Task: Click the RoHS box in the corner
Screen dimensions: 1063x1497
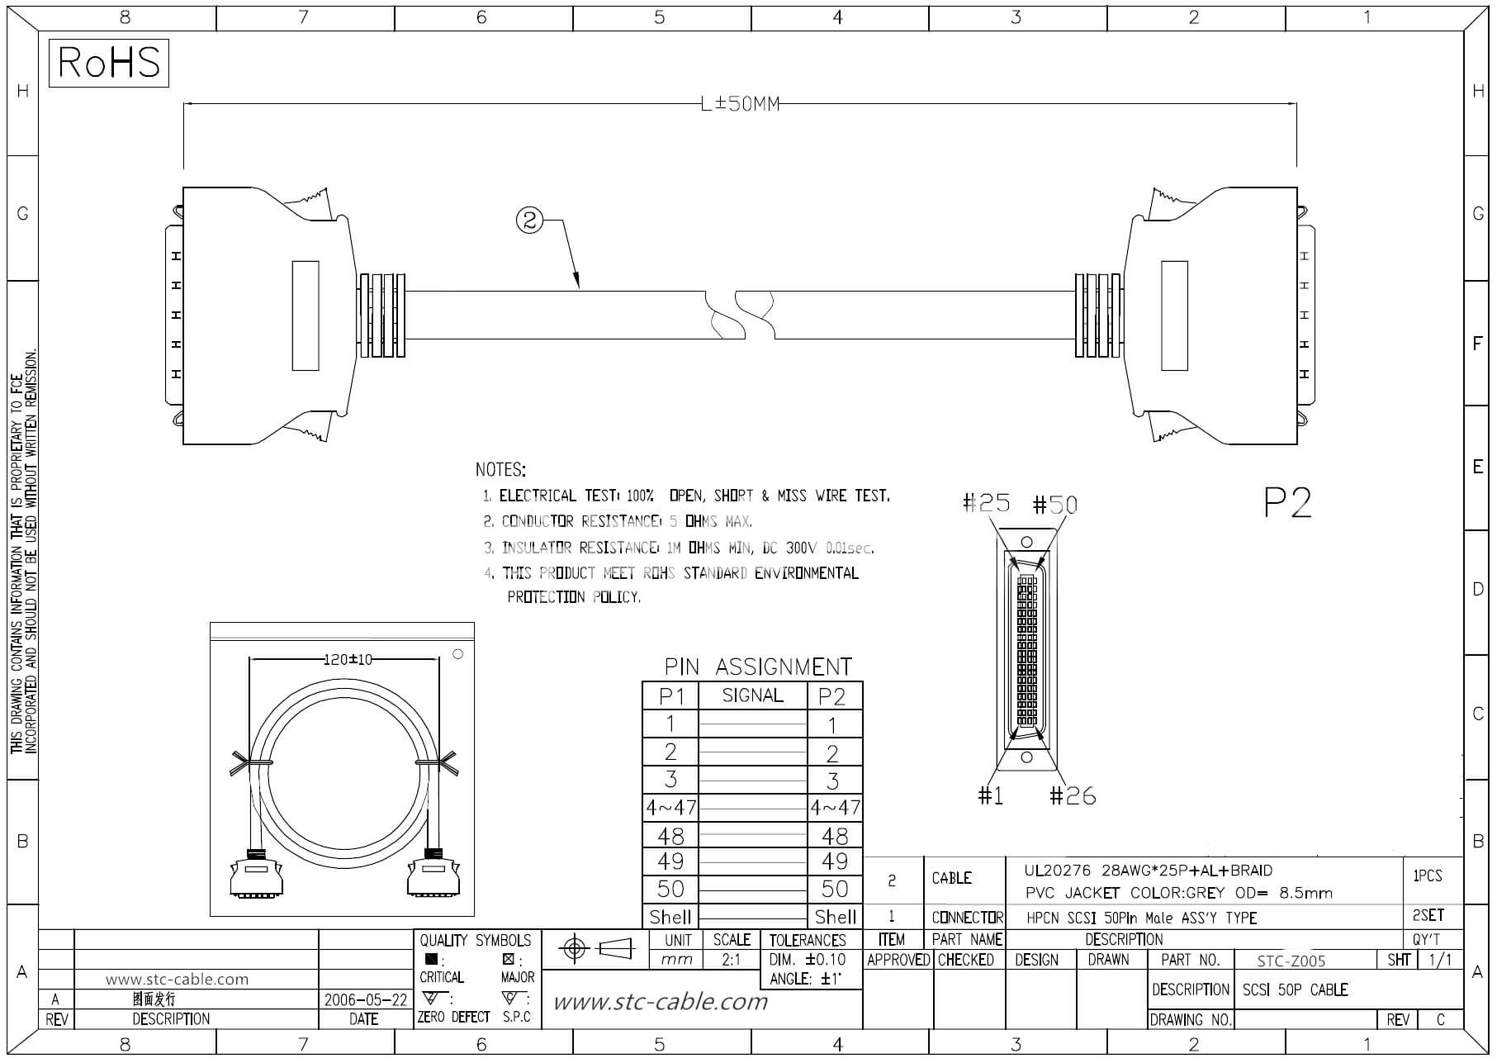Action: [x=108, y=63]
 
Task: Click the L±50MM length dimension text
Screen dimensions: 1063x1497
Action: [x=739, y=105]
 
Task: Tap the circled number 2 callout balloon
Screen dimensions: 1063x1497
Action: [x=530, y=220]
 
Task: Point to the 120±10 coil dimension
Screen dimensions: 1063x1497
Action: [x=348, y=659]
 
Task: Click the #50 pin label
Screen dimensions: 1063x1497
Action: [x=1055, y=505]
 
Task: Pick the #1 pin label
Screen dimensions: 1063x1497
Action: [x=990, y=795]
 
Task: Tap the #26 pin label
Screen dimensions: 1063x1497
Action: [x=1073, y=795]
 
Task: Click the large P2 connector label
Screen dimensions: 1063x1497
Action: [x=1287, y=502]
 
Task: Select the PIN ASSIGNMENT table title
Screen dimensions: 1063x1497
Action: [x=758, y=667]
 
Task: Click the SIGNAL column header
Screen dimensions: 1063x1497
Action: [x=752, y=695]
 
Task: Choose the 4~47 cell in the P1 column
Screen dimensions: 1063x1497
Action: [x=670, y=807]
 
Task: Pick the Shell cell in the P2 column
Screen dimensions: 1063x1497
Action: [x=835, y=917]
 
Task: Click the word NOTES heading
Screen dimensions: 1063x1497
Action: [x=500, y=470]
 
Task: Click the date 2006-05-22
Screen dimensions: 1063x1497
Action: [x=365, y=999]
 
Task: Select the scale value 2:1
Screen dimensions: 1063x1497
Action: [x=731, y=960]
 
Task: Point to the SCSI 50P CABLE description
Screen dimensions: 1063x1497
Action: [x=1295, y=989]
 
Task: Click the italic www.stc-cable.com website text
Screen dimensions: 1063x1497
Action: [x=660, y=1002]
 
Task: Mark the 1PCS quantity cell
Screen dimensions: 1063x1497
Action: [x=1427, y=876]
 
